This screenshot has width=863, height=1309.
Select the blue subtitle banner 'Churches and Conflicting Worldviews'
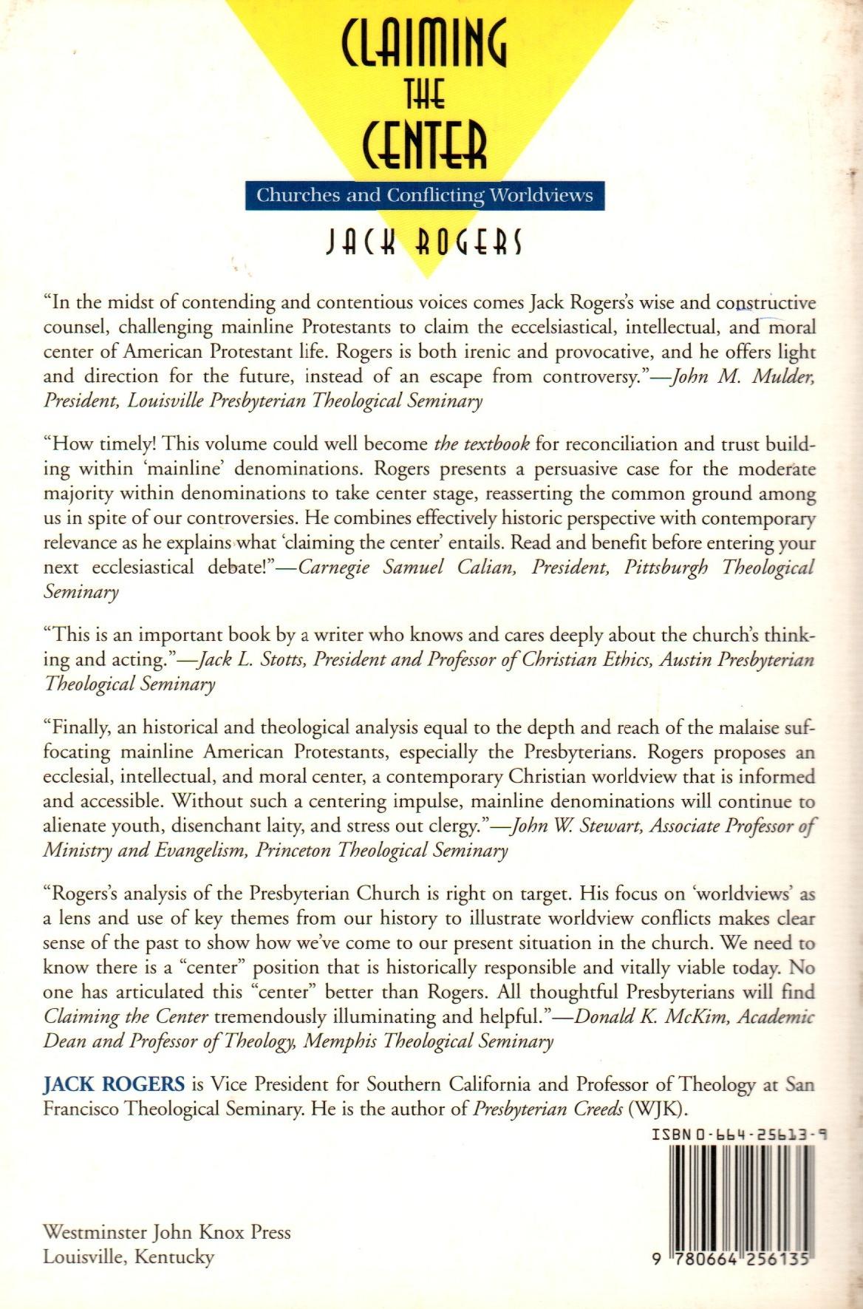tap(424, 195)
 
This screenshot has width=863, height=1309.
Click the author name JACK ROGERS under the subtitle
tap(424, 242)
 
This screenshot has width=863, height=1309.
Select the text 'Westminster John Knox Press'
tap(167, 1232)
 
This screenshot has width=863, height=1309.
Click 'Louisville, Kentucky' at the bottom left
tap(129, 1256)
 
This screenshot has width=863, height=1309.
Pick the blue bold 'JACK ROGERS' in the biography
tap(114, 1084)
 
